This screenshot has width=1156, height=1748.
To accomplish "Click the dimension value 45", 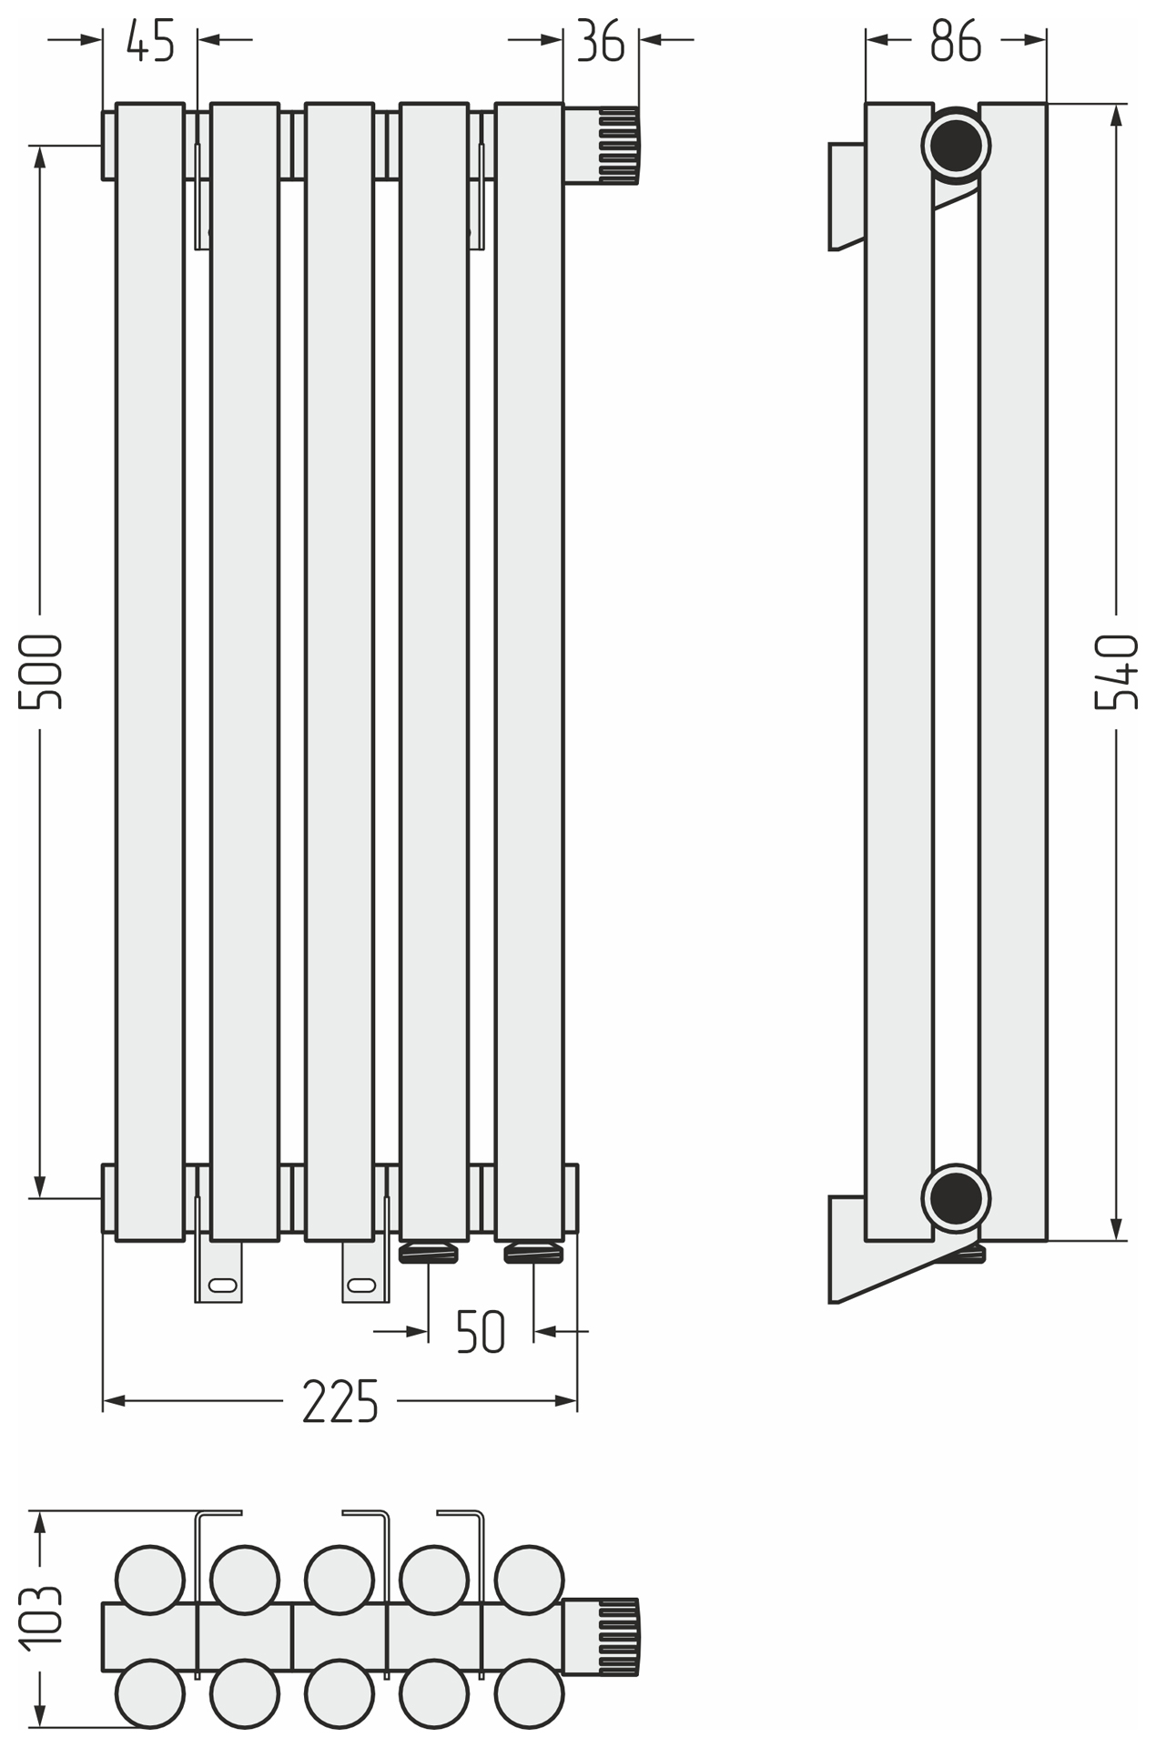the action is coord(150,42).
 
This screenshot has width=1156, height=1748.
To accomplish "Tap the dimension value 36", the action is coord(601,42).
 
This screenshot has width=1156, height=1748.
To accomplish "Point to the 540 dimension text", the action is coord(1116,672).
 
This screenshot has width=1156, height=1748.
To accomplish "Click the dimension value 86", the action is coord(956,42).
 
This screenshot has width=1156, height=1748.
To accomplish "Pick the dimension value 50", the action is coord(480,1332).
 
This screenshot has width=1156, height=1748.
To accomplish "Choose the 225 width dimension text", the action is coord(340,1401).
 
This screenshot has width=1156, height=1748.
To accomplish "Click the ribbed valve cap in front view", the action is coord(618,146).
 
